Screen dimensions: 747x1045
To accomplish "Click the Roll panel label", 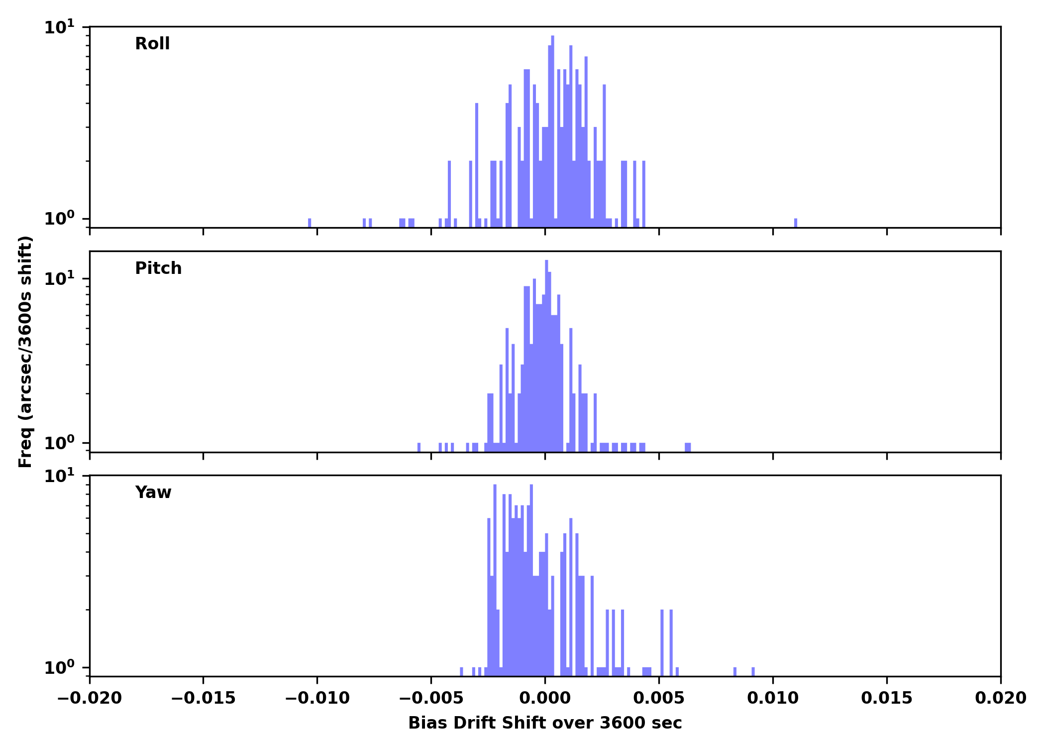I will [x=152, y=44].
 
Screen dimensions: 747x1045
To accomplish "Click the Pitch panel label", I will [x=158, y=268].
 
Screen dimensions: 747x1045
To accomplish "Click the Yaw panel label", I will [x=153, y=493].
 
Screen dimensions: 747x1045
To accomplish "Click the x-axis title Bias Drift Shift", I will [x=545, y=723].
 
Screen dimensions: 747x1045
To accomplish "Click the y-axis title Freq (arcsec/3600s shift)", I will [x=25, y=352].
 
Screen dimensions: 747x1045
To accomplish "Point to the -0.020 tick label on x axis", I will [x=90, y=698].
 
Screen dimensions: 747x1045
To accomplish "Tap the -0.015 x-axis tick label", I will [x=203, y=698].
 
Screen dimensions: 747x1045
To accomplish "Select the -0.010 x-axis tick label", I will [x=317, y=698].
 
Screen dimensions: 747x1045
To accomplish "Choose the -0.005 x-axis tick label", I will [x=431, y=698].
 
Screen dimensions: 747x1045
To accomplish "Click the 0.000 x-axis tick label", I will [x=545, y=698].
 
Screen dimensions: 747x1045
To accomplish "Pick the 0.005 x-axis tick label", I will [x=659, y=698].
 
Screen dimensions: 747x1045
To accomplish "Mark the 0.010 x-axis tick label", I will [x=773, y=698].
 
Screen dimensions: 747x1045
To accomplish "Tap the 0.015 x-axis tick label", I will [x=887, y=698].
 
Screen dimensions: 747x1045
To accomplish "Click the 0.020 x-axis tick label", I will [x=1000, y=698].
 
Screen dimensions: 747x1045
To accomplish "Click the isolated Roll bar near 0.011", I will [x=796, y=223].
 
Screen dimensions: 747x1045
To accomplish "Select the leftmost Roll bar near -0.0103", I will [x=310, y=223].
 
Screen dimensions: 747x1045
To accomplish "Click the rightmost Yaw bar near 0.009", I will [x=753, y=671].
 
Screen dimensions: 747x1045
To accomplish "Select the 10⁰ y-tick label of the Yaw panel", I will [x=59, y=667].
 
